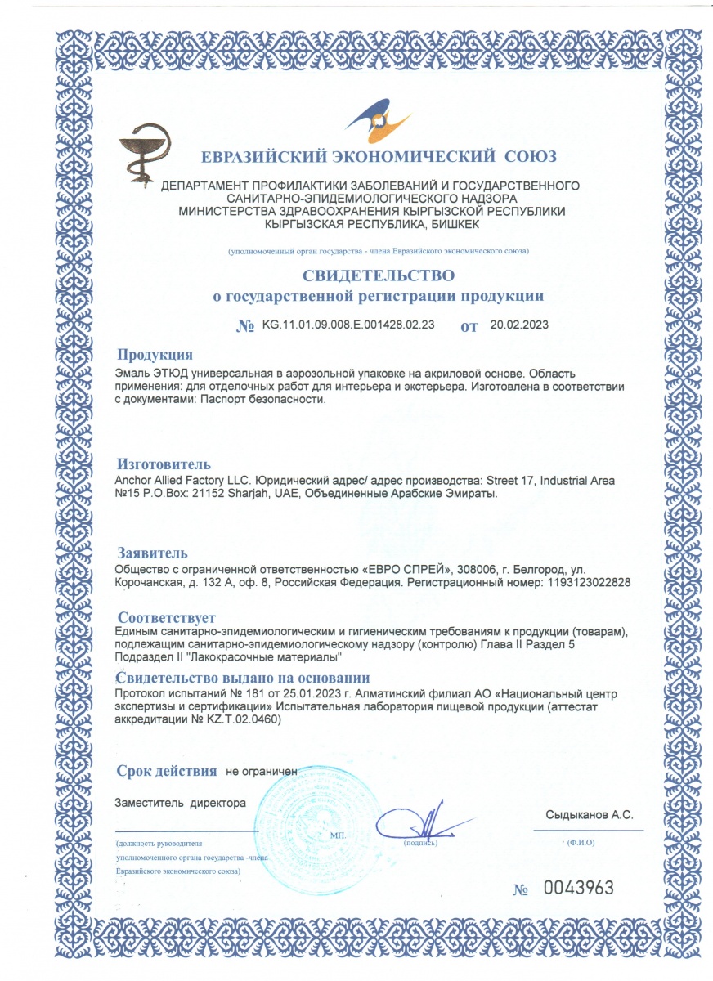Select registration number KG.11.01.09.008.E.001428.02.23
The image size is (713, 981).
[x=348, y=325]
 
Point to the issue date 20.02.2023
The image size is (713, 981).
[x=519, y=325]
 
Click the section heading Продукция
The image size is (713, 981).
[x=155, y=355]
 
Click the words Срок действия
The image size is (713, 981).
[x=167, y=771]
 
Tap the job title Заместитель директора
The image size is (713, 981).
[x=181, y=803]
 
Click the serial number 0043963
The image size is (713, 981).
[x=578, y=889]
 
